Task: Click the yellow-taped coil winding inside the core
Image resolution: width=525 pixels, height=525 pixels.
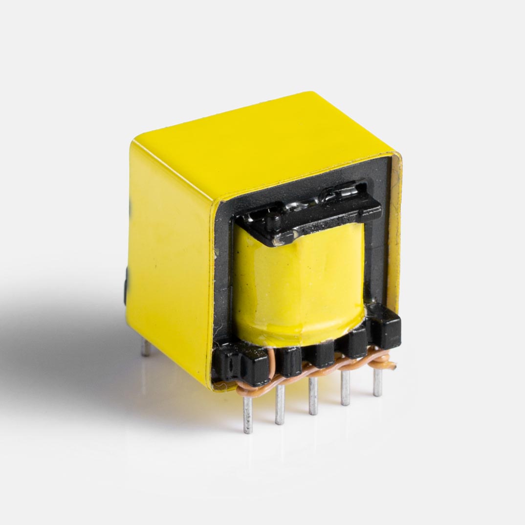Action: (x=298, y=284)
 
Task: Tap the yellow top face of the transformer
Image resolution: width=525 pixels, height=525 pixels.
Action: (x=264, y=147)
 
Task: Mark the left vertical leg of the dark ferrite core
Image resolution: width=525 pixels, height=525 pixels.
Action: (x=224, y=274)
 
